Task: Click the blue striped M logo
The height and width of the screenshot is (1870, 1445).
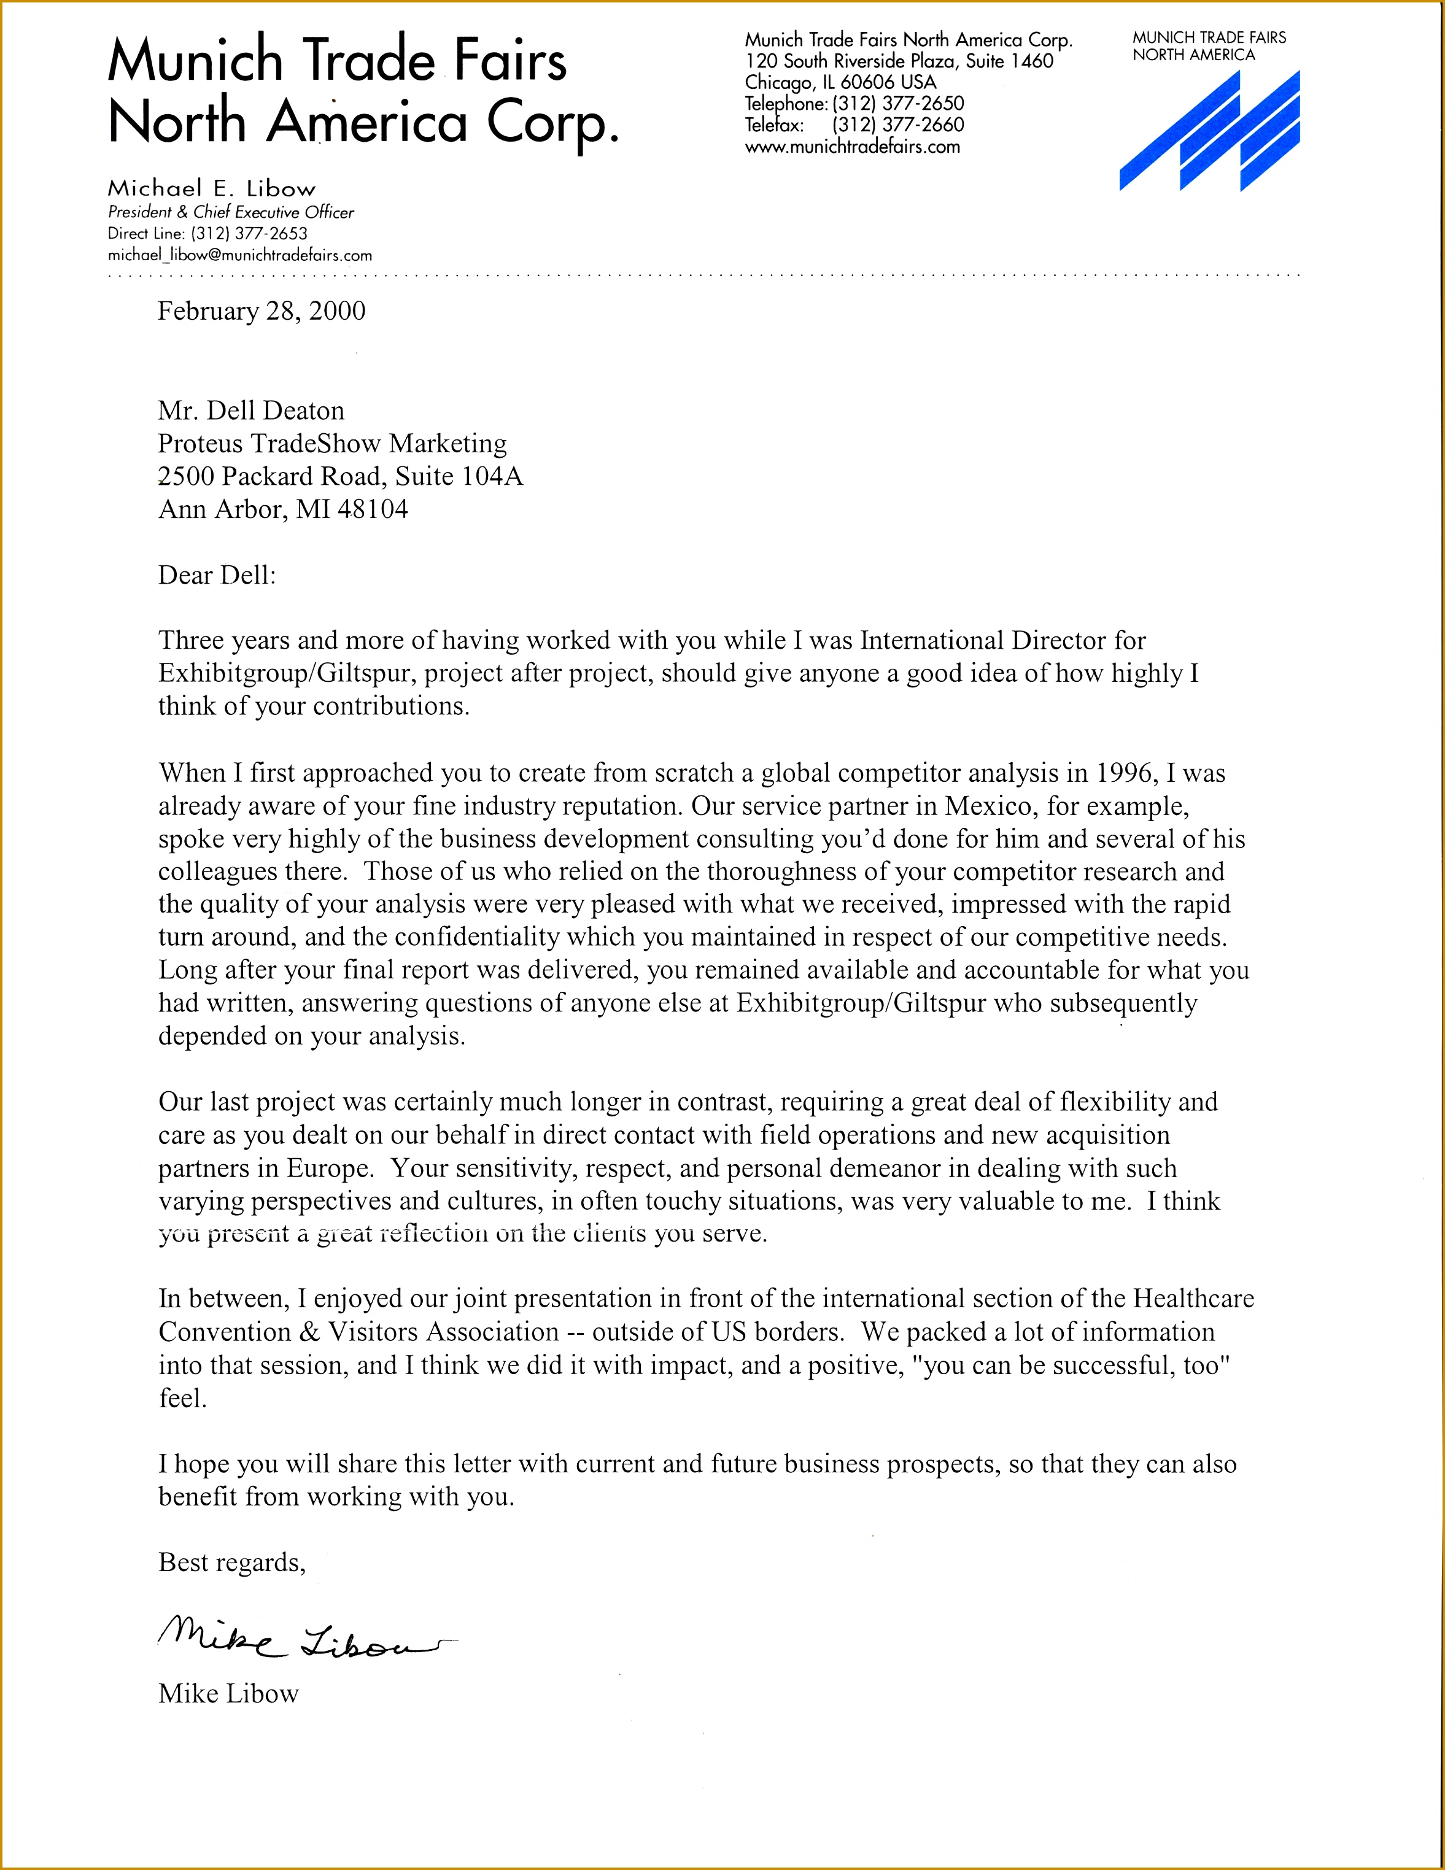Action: [x=1209, y=131]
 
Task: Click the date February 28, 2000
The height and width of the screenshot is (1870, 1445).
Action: [x=261, y=311]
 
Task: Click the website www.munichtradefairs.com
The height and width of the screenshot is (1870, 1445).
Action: [x=852, y=147]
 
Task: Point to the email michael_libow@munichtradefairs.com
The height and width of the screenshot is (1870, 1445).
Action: [x=240, y=255]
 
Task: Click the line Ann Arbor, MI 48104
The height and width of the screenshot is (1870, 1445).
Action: [x=282, y=509]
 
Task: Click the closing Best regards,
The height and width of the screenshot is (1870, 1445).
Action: [x=231, y=1563]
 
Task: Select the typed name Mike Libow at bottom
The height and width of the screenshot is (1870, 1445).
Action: [x=228, y=1694]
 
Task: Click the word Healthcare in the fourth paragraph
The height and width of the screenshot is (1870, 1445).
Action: [x=1193, y=1299]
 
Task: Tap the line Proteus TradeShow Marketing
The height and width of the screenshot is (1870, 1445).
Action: [x=331, y=444]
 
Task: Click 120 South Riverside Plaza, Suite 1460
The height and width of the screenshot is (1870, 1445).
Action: [x=899, y=61]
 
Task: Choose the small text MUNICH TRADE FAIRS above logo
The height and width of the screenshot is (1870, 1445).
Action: [x=1209, y=37]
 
